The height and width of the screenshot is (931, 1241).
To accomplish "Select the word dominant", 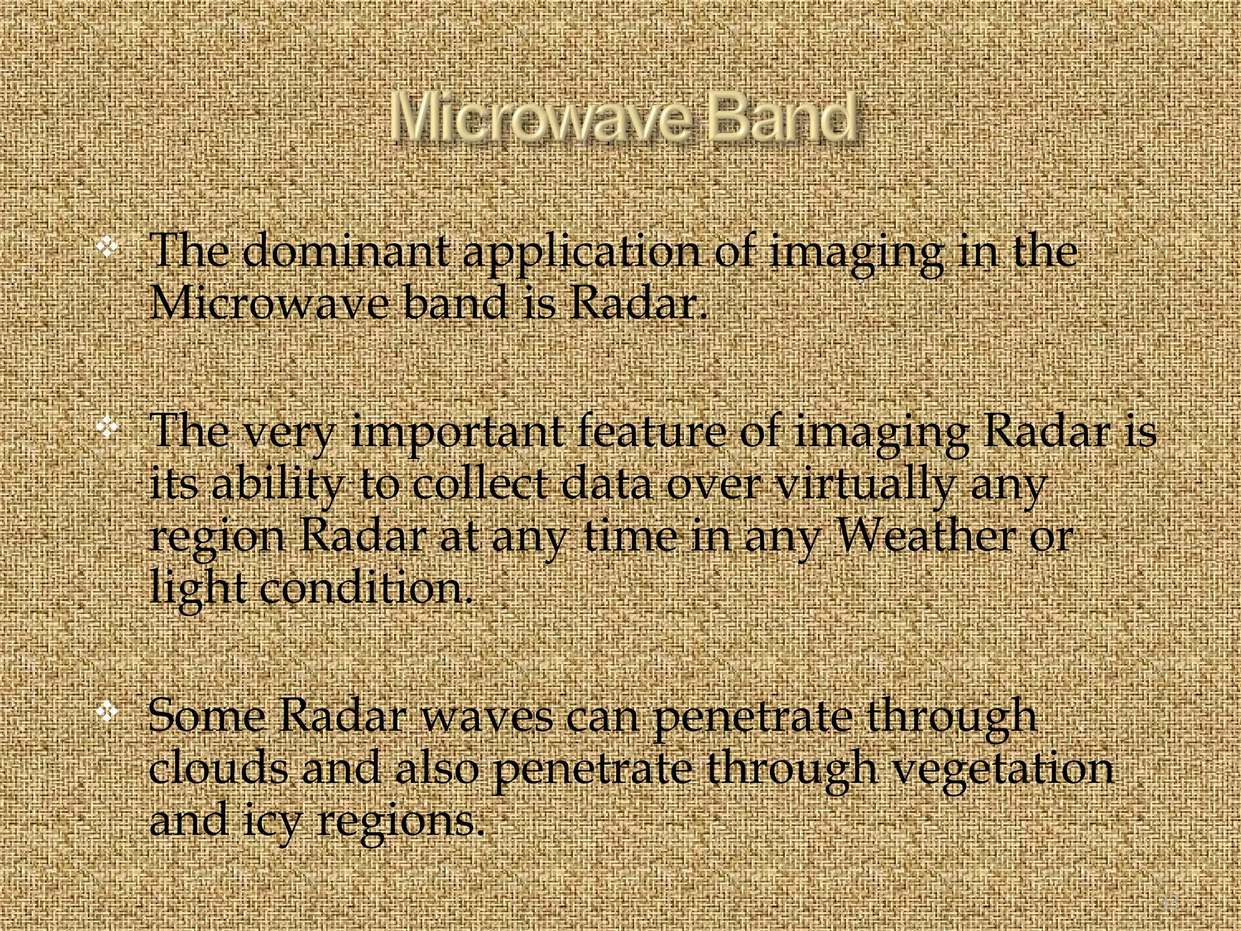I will point(346,252).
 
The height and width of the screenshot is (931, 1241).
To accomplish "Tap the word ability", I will point(278,487).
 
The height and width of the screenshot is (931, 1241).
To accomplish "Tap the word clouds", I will point(219,769).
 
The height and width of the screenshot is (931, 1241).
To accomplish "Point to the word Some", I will point(207,716).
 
